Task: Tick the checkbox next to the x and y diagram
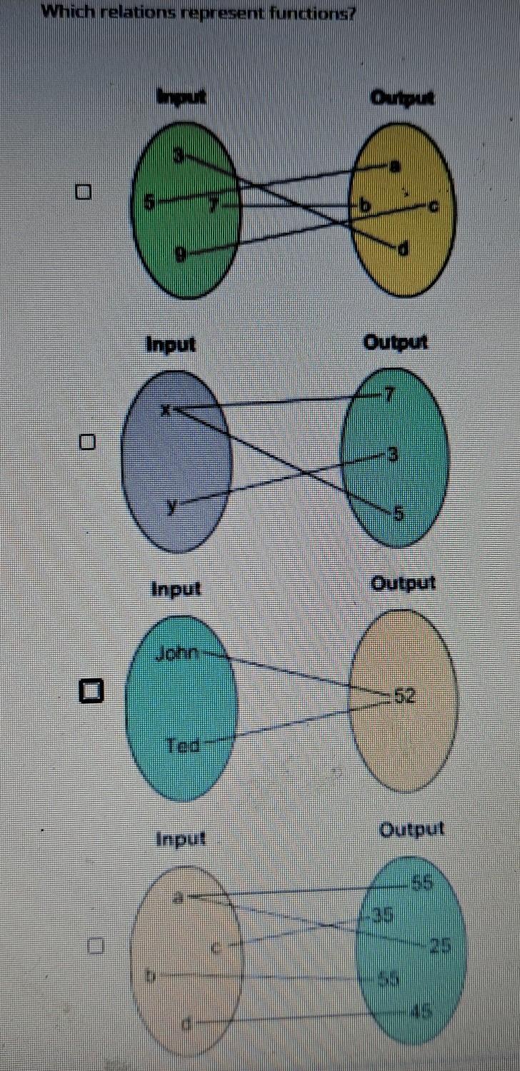(86, 443)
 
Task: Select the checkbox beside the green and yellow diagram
(86, 192)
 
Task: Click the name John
(179, 652)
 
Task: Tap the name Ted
(182, 745)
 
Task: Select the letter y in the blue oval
(171, 506)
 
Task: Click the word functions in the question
(313, 14)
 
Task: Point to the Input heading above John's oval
(175, 589)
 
